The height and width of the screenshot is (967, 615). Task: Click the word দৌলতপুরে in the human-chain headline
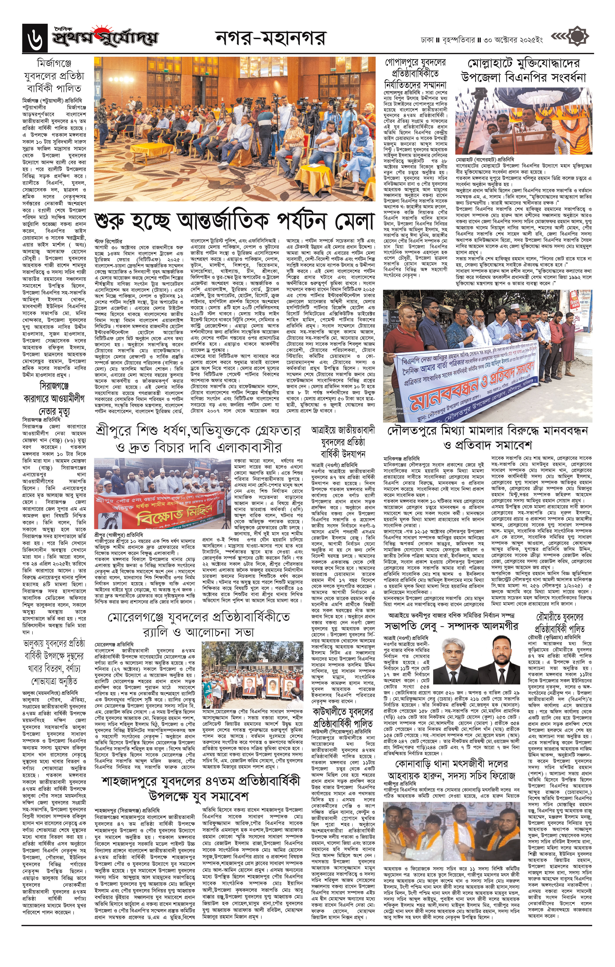(x=413, y=431)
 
